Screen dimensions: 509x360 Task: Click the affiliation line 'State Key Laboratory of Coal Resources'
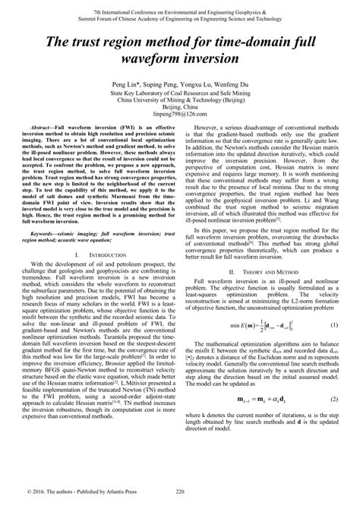[x=179, y=92]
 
